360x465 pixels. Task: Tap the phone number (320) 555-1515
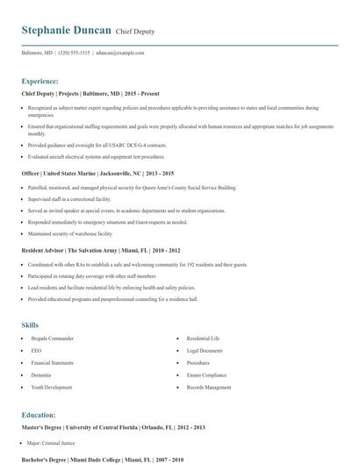coord(74,53)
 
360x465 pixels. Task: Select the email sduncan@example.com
coord(119,53)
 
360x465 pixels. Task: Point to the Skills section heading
coord(31,325)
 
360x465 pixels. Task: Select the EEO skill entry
coord(35,349)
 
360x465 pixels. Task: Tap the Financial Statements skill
coord(52,361)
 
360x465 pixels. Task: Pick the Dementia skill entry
coord(40,374)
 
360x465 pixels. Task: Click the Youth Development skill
coord(50,387)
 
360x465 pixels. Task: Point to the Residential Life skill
coord(205,337)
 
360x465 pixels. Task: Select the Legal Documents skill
coord(205,349)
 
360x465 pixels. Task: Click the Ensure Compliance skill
coord(206,374)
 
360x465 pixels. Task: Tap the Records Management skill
coord(209,387)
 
